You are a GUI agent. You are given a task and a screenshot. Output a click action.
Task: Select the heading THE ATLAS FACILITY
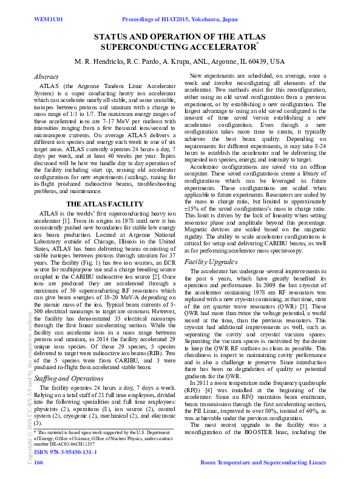[x=104, y=205]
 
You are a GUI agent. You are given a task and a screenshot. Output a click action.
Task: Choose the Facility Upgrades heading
[x=211, y=262]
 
